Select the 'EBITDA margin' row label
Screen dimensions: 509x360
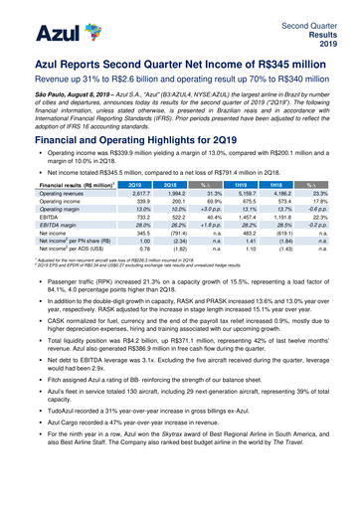[45, 254]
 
